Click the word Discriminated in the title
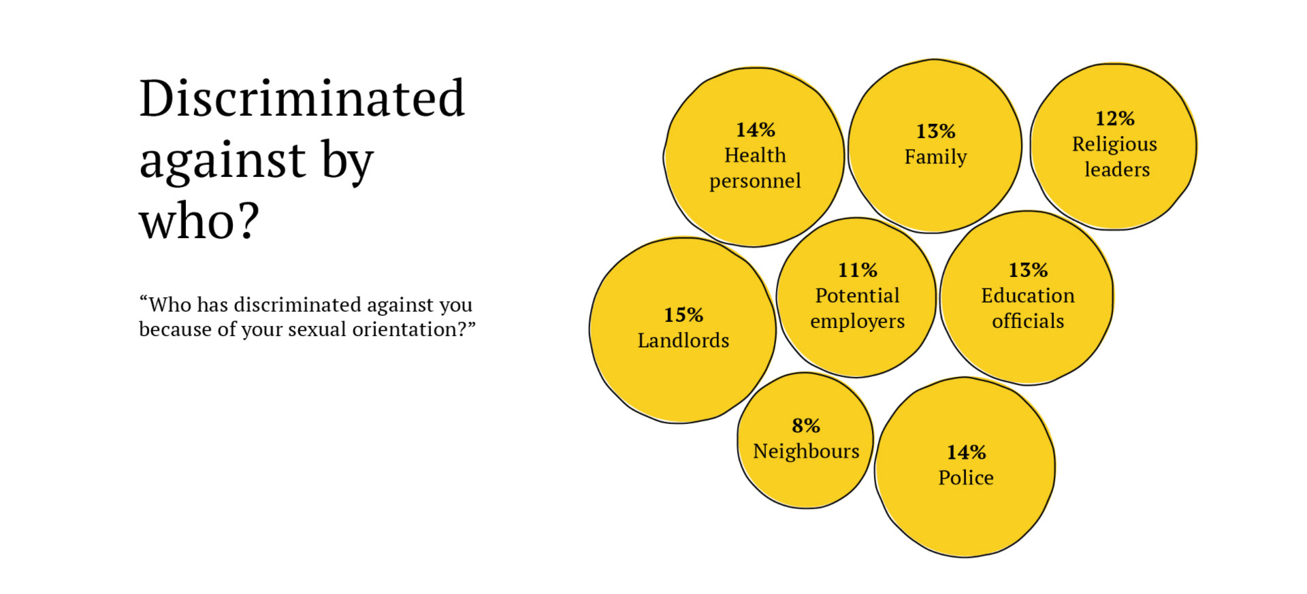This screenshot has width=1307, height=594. (302, 99)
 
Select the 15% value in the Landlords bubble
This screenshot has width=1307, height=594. (683, 315)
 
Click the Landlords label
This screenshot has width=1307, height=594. (683, 340)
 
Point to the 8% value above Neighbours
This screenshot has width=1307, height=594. (806, 426)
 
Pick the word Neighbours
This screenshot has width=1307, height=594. (806, 451)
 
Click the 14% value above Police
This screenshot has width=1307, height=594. (966, 452)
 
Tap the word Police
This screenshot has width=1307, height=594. (966, 478)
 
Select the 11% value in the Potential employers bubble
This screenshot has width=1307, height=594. (858, 270)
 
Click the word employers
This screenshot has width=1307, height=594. (858, 321)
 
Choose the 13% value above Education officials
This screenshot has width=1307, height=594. (1028, 270)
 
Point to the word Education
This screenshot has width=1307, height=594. (1028, 296)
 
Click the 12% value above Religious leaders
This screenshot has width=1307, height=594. (1114, 118)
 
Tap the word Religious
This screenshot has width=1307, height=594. (1114, 144)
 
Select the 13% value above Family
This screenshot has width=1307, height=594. (935, 131)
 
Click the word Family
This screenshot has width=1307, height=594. (935, 157)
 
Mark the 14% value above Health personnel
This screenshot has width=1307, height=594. (755, 130)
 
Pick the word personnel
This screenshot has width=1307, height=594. (755, 181)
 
